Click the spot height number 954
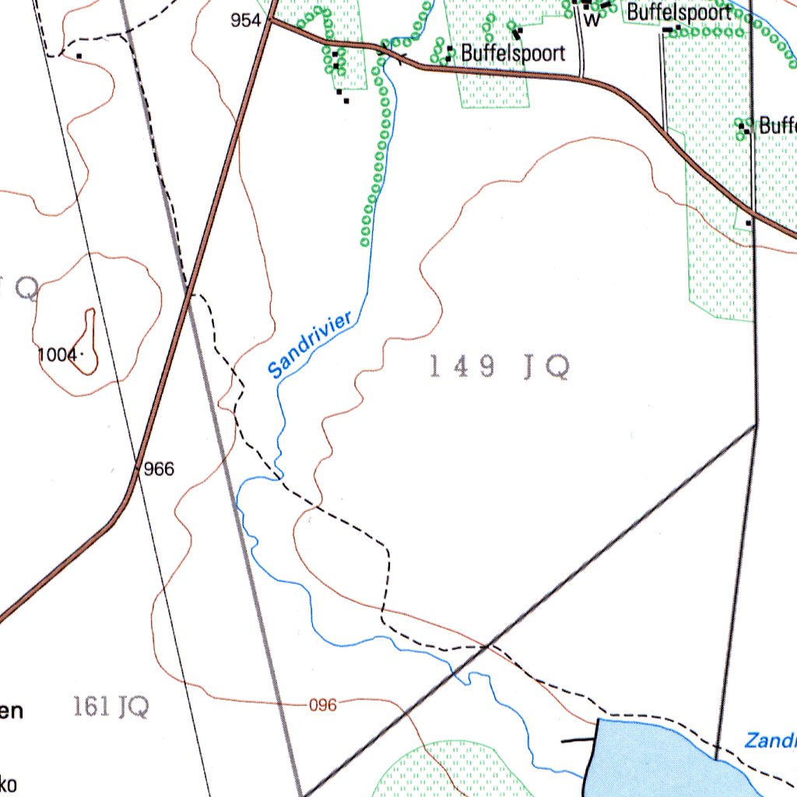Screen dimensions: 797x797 246,21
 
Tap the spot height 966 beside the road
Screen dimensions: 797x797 159,469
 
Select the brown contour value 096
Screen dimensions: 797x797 323,705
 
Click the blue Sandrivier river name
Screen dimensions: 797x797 311,345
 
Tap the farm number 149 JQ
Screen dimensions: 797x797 499,367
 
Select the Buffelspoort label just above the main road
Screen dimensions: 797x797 512,53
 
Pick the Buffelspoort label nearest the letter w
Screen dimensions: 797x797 679,12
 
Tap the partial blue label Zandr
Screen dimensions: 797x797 770,740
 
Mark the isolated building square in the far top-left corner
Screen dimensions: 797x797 79,56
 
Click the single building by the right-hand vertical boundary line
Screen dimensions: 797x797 749,223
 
